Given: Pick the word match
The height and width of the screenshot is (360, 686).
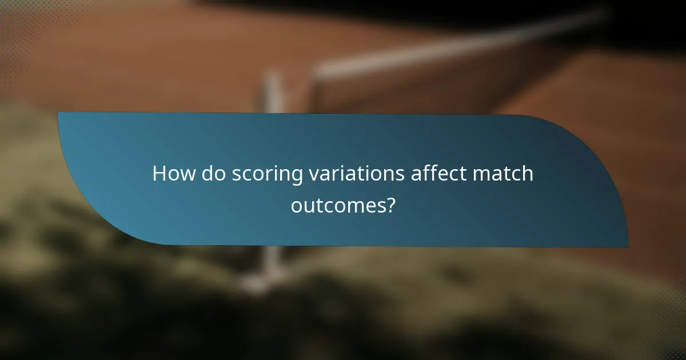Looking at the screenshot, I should tap(505, 174).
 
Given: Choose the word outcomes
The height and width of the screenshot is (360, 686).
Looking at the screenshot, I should tap(336, 205).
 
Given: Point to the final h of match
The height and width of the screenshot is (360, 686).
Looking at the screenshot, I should tap(527, 174).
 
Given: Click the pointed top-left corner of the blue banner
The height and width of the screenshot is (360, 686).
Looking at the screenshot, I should tap(59, 113).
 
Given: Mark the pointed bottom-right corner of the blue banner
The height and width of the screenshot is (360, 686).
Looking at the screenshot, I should tap(627, 247).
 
